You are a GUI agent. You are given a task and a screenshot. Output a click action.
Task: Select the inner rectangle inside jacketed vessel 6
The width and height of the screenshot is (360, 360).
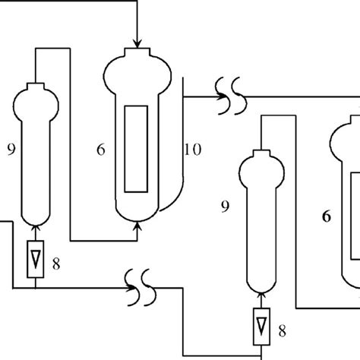(137, 148)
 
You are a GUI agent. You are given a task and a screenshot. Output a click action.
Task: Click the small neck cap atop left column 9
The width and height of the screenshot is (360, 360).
(35, 86)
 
